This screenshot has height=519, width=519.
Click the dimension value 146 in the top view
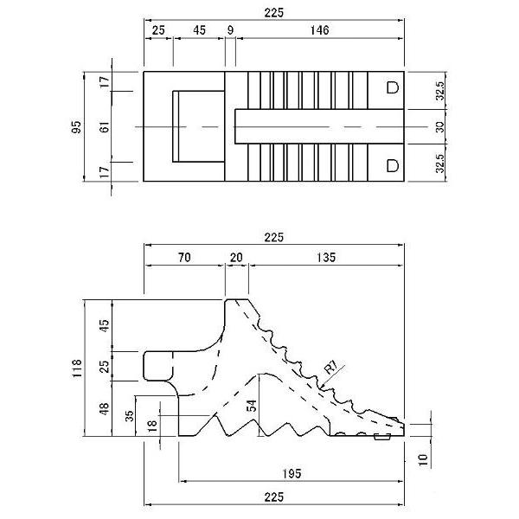coord(319,30)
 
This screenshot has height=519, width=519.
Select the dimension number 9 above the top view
coord(230,30)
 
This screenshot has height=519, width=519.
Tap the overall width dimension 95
coord(76,127)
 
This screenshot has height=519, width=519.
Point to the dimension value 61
coord(105,127)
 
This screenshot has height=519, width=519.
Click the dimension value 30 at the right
coord(439,127)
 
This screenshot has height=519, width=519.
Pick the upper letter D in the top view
coord(393,87)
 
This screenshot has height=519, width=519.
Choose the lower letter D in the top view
coord(393,165)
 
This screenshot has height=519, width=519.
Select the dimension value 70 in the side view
coord(184,257)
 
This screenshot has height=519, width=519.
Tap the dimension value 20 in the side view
coord(236,257)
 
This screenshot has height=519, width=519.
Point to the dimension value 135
coord(326,257)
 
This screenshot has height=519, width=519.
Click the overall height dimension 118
coord(76,368)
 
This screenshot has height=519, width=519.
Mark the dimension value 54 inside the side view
coord(252,406)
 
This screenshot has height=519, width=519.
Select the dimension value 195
coord(292,474)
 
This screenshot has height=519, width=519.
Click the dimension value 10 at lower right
coord(423,460)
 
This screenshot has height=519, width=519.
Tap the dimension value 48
coord(105,409)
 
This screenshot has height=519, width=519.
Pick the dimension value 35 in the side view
coord(130,416)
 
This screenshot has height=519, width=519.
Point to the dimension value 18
coord(152,426)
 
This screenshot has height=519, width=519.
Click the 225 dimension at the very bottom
coord(274,497)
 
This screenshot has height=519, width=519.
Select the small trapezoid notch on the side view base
coord(382,438)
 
